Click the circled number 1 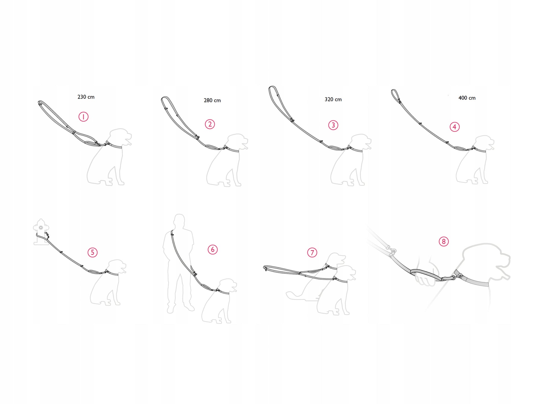click(83, 117)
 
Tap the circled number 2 click(210, 124)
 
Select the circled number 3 click(333, 125)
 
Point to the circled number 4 click(455, 127)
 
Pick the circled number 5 click(93, 252)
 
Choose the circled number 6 click(213, 250)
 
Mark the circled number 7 click(312, 252)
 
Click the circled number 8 click(444, 242)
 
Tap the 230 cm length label click(86, 97)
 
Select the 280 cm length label click(212, 100)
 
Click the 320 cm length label click(333, 99)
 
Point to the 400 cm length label click(467, 98)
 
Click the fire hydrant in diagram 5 click(41, 232)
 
